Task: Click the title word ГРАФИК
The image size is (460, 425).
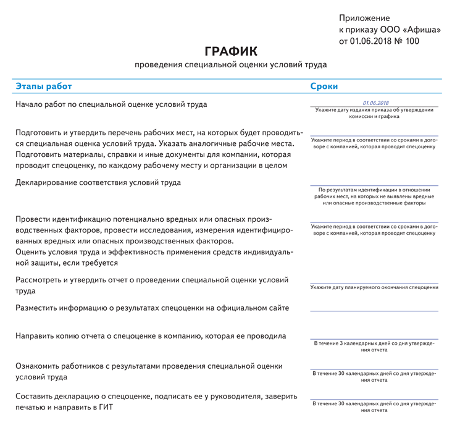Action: point(230,51)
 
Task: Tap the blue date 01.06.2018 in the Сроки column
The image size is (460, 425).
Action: point(375,103)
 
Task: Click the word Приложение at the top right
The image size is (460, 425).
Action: point(364,19)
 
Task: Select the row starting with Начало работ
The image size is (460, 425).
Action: point(111,104)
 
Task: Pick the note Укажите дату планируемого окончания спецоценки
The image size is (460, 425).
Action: point(374,287)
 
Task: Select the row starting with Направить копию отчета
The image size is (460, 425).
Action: point(151,336)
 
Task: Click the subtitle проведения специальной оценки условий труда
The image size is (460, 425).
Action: point(230,64)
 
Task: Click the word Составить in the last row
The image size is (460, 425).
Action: point(37,396)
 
